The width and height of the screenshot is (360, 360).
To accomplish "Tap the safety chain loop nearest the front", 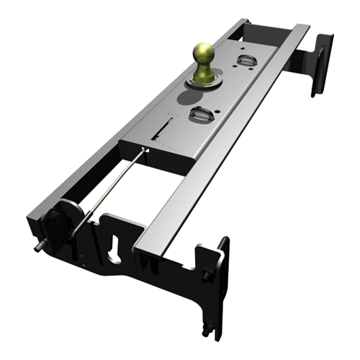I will coord(200,112).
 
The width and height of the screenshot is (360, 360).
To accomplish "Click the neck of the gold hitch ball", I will coord(202,71).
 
